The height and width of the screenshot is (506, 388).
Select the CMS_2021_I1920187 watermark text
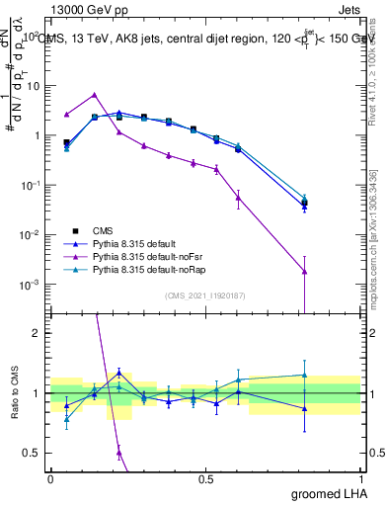point(206,295)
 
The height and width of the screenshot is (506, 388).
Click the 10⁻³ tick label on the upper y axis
point(29,285)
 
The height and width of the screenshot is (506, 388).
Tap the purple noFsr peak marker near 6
point(94,95)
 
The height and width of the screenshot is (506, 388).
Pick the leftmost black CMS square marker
point(66,142)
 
